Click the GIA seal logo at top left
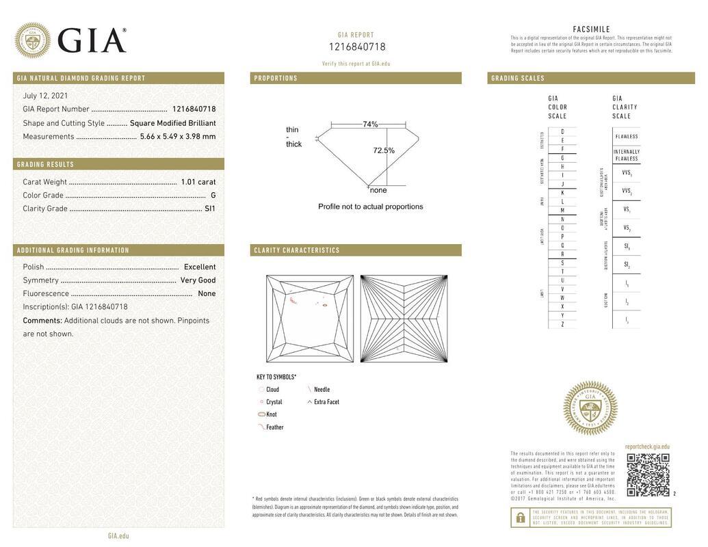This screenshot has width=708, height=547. coord(32,40)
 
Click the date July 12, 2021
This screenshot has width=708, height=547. coord(45,96)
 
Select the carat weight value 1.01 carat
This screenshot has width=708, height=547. coord(198,182)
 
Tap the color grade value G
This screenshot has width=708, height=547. coord(213,196)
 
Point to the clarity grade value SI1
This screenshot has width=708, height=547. coord(210,209)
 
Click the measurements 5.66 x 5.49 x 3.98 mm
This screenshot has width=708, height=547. coord(178,137)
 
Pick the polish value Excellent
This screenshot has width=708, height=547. coord(200,267)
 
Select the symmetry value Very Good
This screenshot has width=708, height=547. coord(198,280)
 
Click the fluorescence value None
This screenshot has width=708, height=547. coord(207,294)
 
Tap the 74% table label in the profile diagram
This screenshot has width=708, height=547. coord(370,124)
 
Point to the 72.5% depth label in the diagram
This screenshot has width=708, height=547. coord(384,150)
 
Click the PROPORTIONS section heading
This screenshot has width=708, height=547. coord(276,79)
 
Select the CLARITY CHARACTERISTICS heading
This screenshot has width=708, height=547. coord(297,250)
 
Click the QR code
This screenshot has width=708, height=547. coord(648,475)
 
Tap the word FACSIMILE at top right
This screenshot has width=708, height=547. coord(591,29)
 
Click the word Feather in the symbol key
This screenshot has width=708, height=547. coord(275,427)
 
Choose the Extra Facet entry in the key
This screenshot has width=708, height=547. coord(326,402)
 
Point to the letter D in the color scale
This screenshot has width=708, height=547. coord(562,132)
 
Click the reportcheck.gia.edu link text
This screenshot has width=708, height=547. coord(647,446)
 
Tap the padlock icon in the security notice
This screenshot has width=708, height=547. coord(521,518)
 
